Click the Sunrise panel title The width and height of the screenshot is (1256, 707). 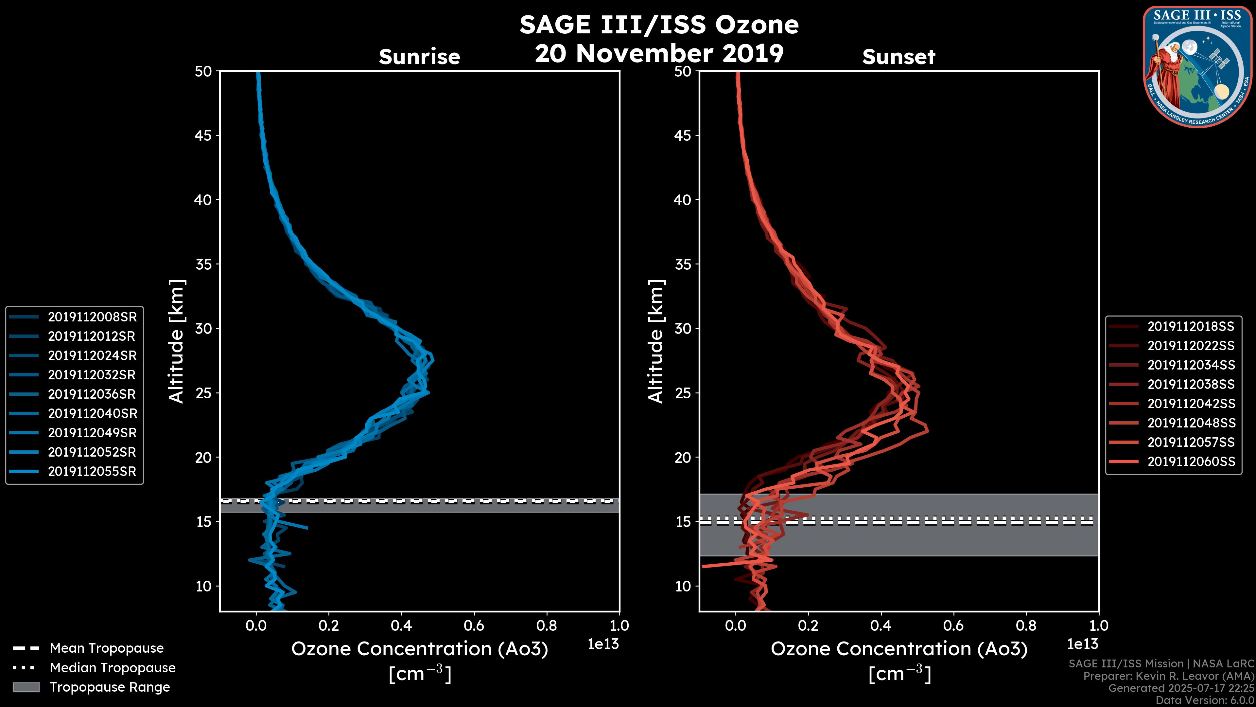(419, 57)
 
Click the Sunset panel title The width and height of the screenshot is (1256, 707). (898, 57)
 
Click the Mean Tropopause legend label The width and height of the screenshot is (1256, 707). (107, 648)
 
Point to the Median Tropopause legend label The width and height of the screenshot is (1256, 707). (113, 667)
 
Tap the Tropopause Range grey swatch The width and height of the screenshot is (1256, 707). (26, 687)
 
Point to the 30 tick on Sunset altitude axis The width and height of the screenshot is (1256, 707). (683, 328)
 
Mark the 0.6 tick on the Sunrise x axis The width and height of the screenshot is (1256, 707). (474, 625)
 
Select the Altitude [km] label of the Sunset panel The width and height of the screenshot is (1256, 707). (656, 341)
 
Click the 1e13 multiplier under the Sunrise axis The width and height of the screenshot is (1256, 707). (603, 644)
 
